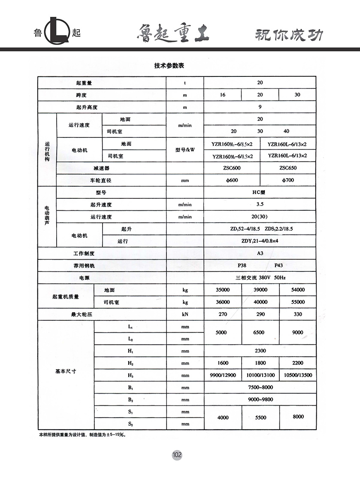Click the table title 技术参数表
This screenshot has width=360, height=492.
(169, 66)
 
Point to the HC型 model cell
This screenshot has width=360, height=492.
(259, 192)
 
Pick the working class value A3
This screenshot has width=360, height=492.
(260, 253)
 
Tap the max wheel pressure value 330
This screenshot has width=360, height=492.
(297, 314)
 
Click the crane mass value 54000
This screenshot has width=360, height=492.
(297, 290)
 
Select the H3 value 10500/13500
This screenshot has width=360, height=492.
(298, 375)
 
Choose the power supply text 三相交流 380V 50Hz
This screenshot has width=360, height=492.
(260, 278)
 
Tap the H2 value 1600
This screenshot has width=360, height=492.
(223, 363)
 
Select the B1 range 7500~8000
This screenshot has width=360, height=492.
(260, 387)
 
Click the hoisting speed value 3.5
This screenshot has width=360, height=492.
(260, 205)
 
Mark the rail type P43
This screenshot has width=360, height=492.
(279, 266)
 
